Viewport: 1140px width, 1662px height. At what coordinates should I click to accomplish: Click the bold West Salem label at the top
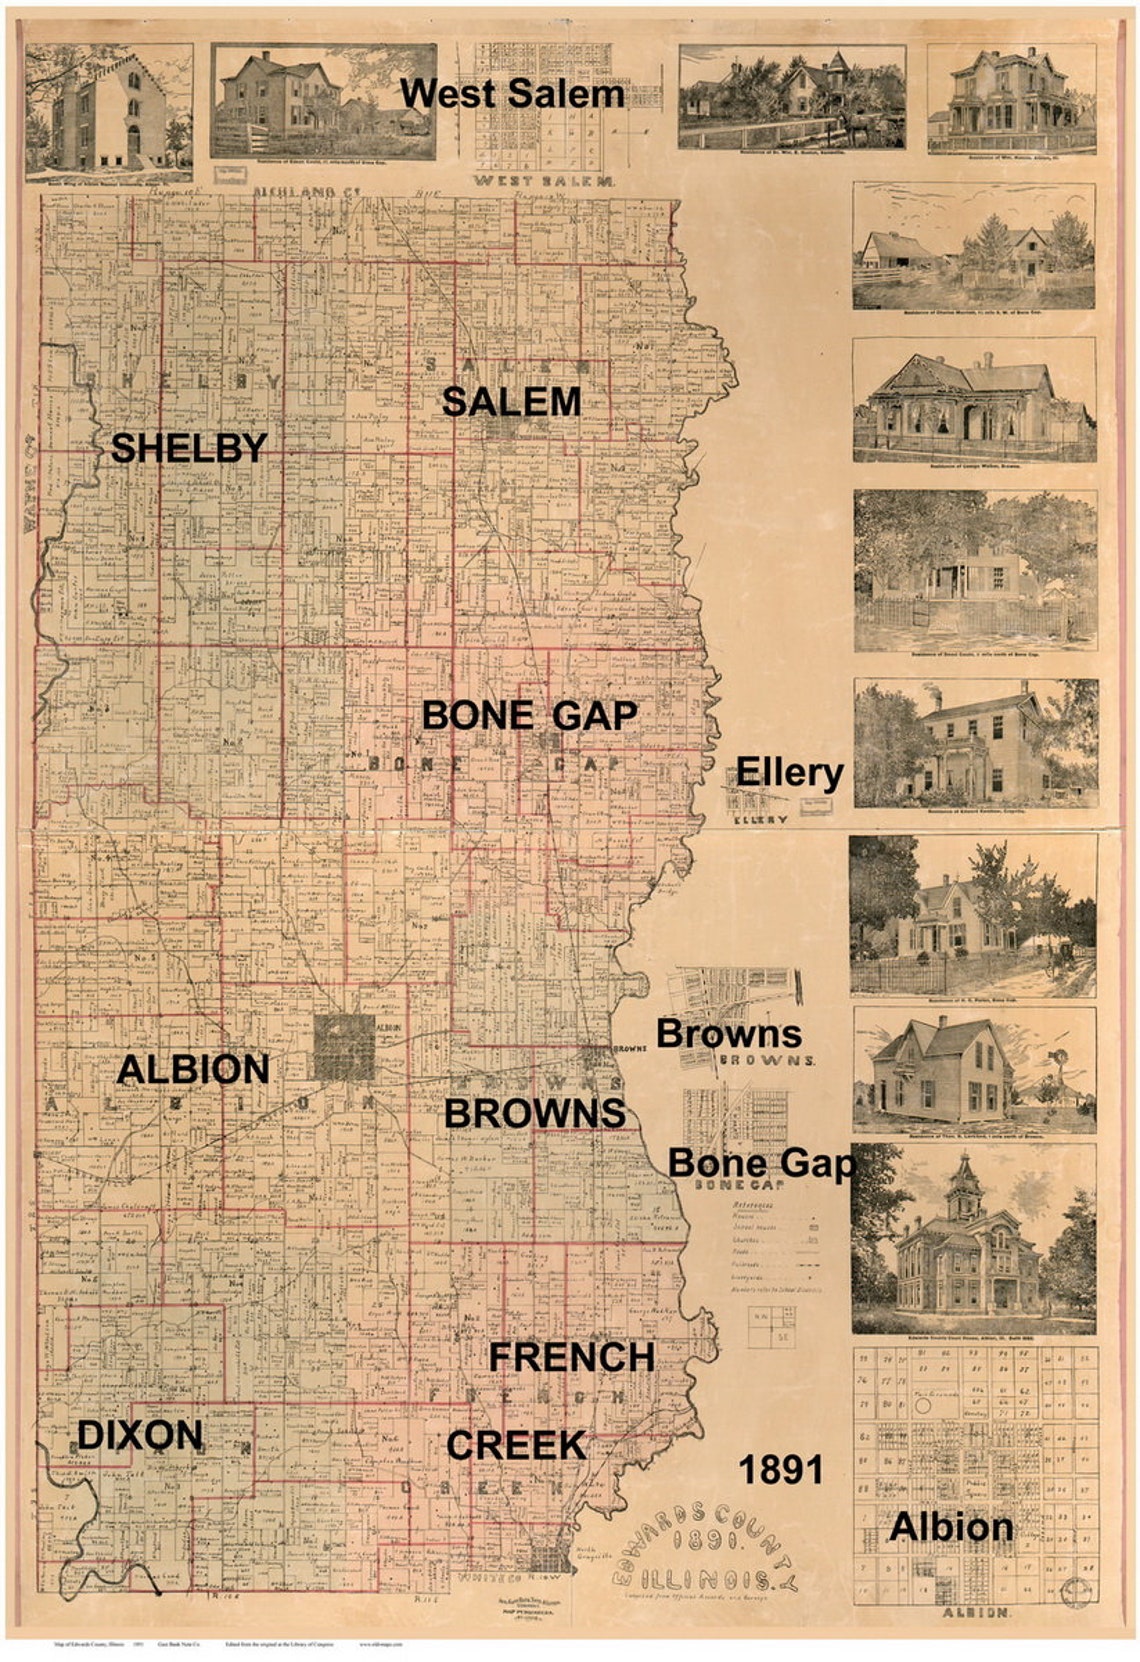[512, 94]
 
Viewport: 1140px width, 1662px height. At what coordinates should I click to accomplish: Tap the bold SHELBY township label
[189, 448]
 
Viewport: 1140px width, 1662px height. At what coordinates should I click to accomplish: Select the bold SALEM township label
[511, 402]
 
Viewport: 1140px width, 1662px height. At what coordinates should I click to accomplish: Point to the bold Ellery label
[789, 772]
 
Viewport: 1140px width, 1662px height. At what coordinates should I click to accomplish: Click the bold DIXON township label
[140, 1436]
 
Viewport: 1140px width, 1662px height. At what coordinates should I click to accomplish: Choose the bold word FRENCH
[571, 1357]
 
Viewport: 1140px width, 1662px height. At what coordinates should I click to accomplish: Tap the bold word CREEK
[516, 1445]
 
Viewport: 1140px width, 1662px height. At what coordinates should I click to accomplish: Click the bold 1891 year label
[780, 1470]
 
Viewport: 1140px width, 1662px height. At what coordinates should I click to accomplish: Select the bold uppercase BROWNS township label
[535, 1113]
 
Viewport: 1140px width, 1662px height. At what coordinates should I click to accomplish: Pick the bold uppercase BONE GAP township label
[529, 715]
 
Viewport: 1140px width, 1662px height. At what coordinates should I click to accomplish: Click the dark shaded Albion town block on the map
[344, 1047]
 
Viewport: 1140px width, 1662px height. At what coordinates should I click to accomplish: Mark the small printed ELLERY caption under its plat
[760, 819]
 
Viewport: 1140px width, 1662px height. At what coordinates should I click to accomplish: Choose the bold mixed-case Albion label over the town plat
[951, 1527]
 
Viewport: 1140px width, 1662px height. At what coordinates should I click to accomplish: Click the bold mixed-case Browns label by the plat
[728, 1033]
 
